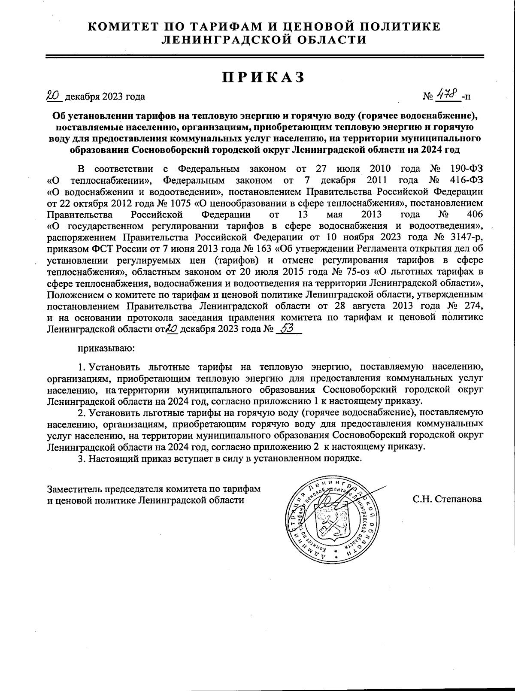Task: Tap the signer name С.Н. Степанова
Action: [x=447, y=499]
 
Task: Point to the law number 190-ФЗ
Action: [x=467, y=168]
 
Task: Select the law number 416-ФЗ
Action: [x=467, y=179]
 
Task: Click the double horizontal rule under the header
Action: [x=264, y=56]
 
